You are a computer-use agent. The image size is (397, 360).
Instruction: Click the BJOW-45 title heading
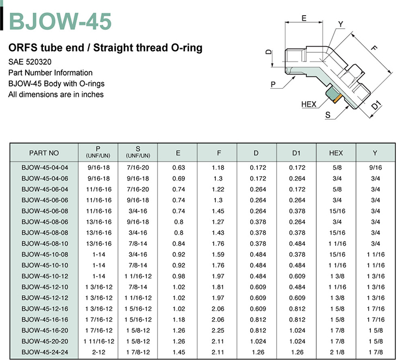[60, 21]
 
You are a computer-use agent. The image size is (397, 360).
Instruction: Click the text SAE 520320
[30, 62]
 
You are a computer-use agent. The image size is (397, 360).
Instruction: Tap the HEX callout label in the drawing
[309, 104]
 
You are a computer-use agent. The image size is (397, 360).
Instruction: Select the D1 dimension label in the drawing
[376, 105]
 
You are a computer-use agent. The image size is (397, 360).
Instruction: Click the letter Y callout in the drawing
[341, 24]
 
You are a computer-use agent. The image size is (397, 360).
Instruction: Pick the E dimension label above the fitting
[304, 18]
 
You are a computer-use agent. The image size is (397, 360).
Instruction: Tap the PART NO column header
[44, 153]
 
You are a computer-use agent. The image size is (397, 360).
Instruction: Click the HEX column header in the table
[336, 153]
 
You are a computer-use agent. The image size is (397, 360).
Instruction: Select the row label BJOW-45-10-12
[45, 276]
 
